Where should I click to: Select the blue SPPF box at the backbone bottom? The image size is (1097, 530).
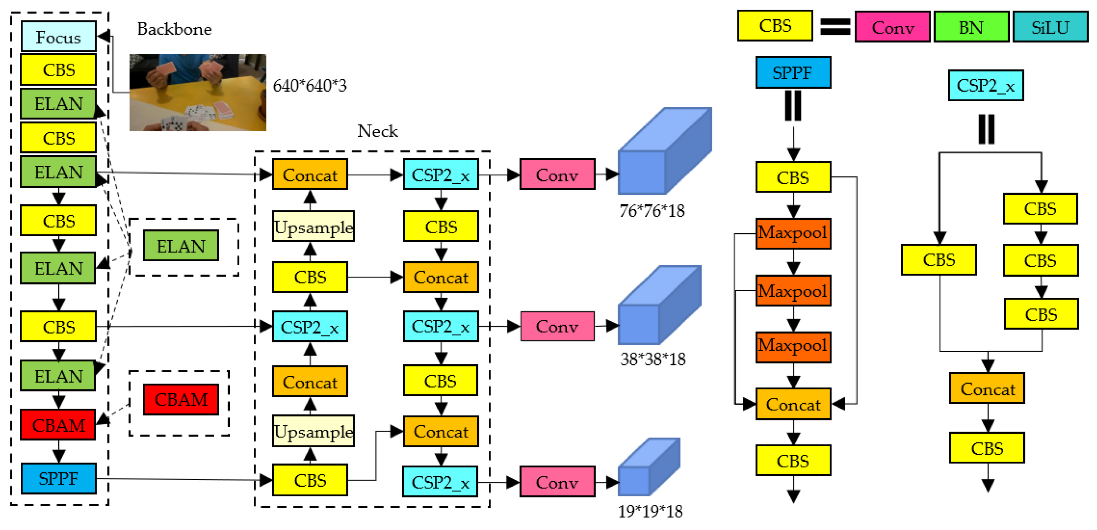pos(58,478)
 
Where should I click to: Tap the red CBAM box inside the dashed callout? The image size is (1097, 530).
pos(181,400)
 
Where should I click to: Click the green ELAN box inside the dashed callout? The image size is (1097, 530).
pos(181,246)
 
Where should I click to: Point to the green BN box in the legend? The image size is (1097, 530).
pos(971,27)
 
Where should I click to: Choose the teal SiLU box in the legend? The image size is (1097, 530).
pos(1050,27)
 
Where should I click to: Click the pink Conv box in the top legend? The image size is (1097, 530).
pos(893,27)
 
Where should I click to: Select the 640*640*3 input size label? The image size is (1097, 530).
pos(309,86)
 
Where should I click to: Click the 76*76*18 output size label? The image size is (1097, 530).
pos(652,211)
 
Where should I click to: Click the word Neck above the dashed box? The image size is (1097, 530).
pos(377,131)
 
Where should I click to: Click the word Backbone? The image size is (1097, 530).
pos(174,29)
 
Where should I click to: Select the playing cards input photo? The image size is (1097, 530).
pos(198,92)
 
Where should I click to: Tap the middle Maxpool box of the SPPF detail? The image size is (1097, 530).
pos(793,291)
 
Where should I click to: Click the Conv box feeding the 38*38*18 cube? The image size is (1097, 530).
pos(557,326)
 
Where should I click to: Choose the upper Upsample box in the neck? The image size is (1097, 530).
pos(313,227)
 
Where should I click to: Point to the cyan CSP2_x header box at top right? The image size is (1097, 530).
pos(985,86)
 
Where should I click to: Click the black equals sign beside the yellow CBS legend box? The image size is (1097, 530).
pos(835,26)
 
